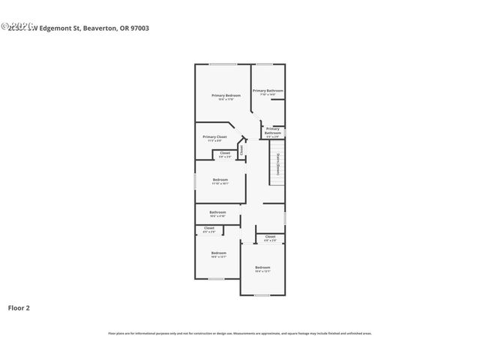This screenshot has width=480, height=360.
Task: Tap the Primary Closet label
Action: pos(214,136)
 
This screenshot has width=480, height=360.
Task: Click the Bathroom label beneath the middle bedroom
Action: pos(217,212)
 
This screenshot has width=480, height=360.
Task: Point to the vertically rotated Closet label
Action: pos(241,151)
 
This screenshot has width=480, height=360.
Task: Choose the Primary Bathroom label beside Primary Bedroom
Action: pos(268,91)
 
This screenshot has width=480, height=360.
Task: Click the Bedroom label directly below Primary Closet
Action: pos(220,179)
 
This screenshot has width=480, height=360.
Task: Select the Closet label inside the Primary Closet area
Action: pos(225,152)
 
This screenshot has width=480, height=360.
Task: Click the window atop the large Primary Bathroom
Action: pos(265,64)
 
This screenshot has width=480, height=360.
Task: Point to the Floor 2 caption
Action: pos(19,307)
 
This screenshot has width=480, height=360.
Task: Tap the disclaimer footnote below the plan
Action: pos(240,333)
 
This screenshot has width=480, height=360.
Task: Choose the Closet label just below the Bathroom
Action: pos(209,228)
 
